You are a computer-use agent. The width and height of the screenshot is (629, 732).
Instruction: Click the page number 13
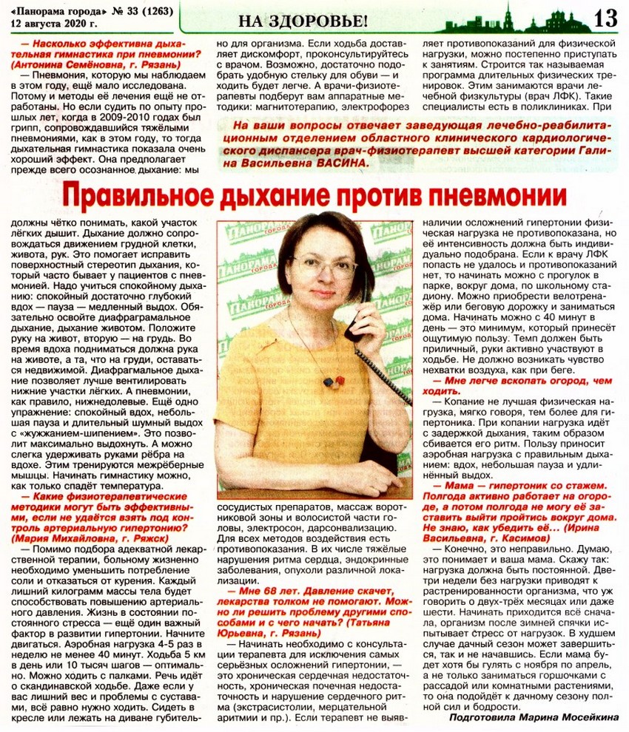point(605,18)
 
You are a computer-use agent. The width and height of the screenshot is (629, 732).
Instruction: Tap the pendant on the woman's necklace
point(333,382)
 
